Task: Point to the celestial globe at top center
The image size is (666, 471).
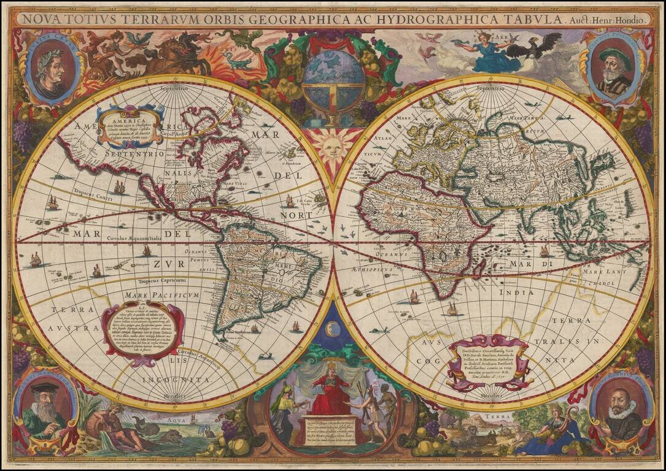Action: pyautogui.click(x=333, y=80)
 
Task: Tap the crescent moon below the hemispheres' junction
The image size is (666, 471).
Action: pyautogui.click(x=333, y=330)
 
